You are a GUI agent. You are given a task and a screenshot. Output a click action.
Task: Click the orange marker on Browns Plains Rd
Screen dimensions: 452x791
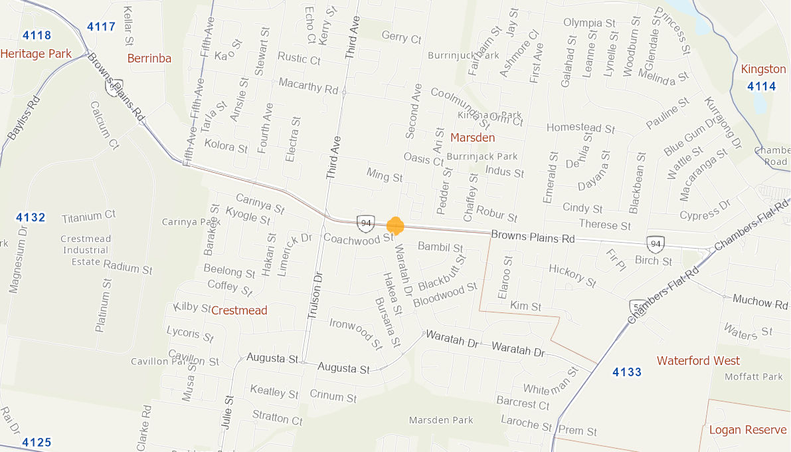tap(395, 225)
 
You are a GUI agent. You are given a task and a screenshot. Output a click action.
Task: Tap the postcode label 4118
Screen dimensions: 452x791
tap(36, 35)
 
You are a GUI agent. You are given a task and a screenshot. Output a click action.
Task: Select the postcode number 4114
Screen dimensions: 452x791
tap(761, 86)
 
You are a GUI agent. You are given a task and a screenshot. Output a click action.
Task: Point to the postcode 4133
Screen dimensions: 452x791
tap(627, 372)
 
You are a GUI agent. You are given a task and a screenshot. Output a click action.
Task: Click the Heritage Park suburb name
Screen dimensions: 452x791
tap(36, 54)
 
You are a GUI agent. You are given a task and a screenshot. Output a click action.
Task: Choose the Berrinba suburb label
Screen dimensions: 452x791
tap(149, 58)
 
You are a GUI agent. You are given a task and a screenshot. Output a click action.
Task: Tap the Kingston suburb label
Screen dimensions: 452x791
tap(763, 69)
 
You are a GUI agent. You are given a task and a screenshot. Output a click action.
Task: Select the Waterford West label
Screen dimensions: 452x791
tap(698, 361)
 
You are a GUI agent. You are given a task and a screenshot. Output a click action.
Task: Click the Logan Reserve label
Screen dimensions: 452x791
tap(748, 430)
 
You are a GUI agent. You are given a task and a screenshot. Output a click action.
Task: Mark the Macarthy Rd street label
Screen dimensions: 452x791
tap(309, 86)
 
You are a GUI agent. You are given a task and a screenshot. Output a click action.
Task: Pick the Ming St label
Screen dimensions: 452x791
tap(385, 175)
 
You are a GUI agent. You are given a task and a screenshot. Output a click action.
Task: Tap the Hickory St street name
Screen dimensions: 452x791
tap(572, 275)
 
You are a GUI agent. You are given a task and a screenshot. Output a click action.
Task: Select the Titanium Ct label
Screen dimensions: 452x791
tap(89, 216)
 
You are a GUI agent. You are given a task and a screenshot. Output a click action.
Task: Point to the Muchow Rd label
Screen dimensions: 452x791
tap(760, 301)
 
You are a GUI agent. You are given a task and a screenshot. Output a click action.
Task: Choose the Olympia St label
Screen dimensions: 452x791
tap(589, 23)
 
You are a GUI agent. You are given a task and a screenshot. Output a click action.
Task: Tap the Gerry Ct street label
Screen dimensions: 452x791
tap(401, 38)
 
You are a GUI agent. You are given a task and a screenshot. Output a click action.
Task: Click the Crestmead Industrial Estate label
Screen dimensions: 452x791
tap(85, 250)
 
